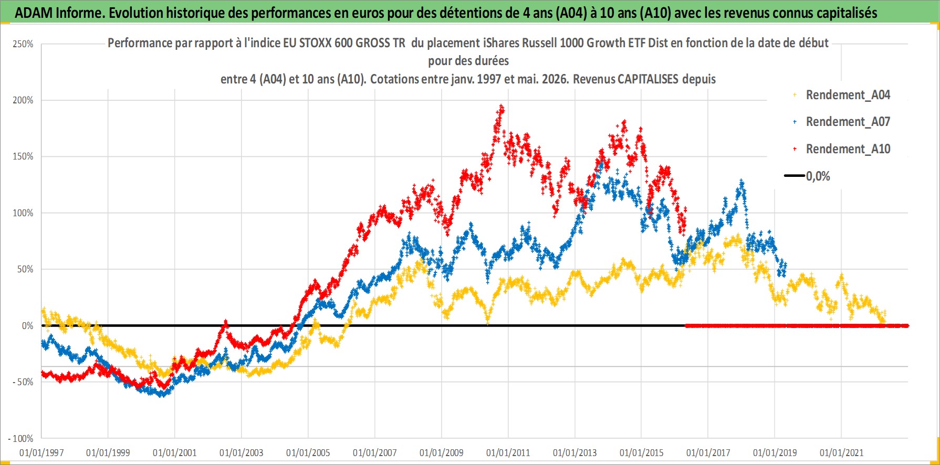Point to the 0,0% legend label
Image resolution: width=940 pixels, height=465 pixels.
click(x=818, y=176)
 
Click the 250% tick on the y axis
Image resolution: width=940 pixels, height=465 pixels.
click(x=23, y=44)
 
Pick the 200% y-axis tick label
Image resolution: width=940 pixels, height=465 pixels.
click(x=23, y=100)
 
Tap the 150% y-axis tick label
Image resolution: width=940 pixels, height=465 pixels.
click(x=23, y=156)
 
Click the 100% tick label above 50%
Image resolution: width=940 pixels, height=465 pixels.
click(x=23, y=213)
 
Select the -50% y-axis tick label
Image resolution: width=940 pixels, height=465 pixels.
click(x=23, y=382)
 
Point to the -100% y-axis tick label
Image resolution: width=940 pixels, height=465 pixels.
click(x=20, y=439)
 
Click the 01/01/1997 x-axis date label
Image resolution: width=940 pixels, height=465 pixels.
click(x=41, y=453)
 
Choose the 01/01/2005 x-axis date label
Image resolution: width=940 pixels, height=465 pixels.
click(x=308, y=453)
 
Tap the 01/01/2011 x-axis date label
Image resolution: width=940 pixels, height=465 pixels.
click(x=508, y=453)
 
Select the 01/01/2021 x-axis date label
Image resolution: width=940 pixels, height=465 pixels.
click(x=842, y=453)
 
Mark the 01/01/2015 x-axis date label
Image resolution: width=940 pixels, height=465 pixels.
click(x=642, y=453)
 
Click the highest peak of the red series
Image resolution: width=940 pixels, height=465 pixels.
click(x=502, y=107)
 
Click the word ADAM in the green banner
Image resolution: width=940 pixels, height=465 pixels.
click(x=34, y=13)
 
